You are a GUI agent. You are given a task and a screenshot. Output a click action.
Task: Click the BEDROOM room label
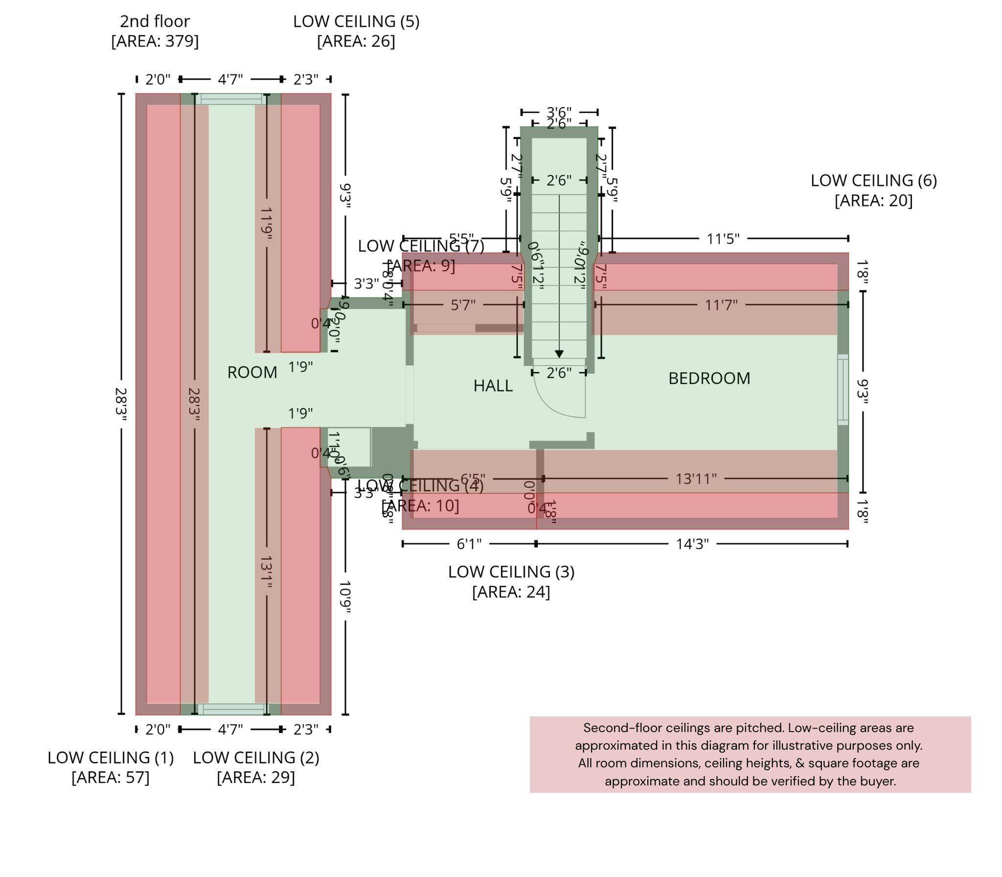(x=709, y=379)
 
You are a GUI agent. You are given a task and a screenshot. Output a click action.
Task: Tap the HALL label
(x=493, y=386)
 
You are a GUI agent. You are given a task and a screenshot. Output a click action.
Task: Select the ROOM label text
(x=252, y=373)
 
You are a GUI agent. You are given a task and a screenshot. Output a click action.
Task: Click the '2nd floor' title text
(x=155, y=22)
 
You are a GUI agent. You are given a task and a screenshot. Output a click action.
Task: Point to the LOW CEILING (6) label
(x=873, y=181)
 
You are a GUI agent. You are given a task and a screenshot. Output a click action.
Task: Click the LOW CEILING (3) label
(x=511, y=572)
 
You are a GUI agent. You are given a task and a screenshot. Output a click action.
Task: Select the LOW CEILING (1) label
(x=111, y=758)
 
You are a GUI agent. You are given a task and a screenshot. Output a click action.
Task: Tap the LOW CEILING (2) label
(x=256, y=758)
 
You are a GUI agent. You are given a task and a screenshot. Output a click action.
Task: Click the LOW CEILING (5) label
(x=356, y=22)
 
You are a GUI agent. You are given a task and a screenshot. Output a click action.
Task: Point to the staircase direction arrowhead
(x=559, y=354)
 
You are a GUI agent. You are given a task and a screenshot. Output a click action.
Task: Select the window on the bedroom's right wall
(x=843, y=389)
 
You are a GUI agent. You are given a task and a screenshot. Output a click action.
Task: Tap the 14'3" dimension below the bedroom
(x=692, y=544)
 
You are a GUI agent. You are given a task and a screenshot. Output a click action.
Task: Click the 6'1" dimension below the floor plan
(x=469, y=544)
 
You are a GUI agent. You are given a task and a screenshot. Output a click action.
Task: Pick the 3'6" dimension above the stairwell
(x=559, y=113)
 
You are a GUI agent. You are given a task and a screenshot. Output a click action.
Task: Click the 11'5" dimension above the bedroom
(x=723, y=239)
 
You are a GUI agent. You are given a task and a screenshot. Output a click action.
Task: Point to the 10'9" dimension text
(x=345, y=597)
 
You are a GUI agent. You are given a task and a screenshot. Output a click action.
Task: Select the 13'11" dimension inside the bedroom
(x=696, y=478)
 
